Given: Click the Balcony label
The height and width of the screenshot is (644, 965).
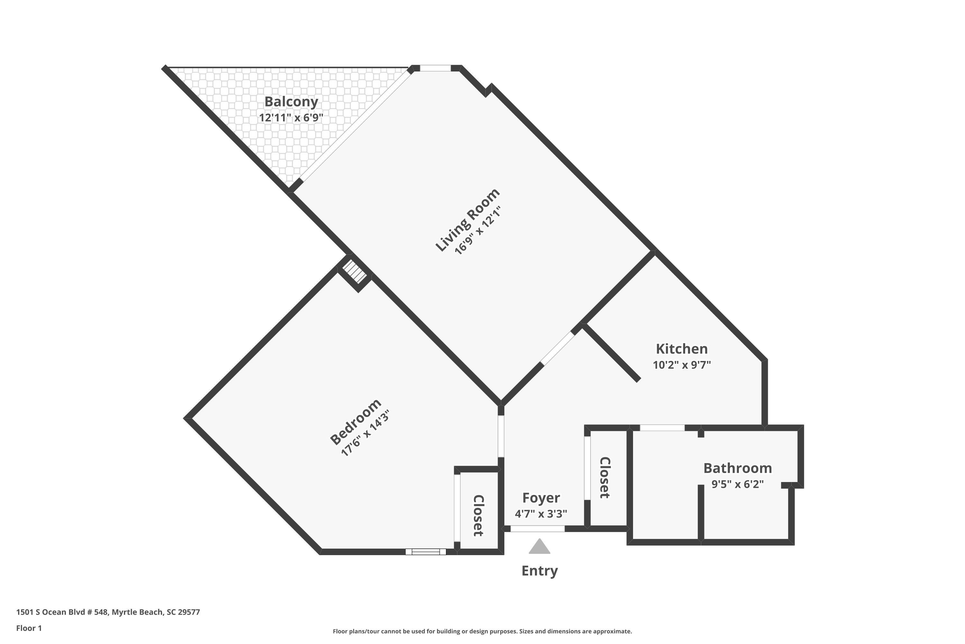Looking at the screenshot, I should pos(291,101).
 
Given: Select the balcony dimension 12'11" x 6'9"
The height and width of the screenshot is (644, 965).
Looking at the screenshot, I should pos(291,118).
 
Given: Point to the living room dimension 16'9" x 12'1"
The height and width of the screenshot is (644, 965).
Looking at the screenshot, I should pos(478,231).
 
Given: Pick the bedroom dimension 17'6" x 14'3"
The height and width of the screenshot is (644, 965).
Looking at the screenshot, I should pos(365,433).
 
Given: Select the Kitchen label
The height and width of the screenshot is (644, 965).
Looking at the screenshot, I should pos(682,349).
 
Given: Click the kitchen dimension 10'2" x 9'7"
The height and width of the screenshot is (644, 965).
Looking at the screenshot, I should pos(682,365).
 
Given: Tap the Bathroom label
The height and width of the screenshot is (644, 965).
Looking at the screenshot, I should pos(737,468).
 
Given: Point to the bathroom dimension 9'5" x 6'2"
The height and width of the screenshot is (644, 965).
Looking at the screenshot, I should pos(737,484).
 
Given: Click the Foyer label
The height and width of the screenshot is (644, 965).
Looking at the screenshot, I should pos(541,497).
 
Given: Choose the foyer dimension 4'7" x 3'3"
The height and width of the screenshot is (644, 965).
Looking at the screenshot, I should pos(541,513).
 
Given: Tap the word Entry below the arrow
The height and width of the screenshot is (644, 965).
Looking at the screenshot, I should pos(539,571).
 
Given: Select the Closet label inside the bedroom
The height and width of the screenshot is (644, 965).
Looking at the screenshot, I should pos(478,516).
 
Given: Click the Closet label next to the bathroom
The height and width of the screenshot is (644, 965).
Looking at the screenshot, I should pos(605,478).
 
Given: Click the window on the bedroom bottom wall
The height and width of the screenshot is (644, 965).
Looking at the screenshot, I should pos(426,552).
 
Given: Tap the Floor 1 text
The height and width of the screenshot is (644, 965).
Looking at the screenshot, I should pos(29,628).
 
